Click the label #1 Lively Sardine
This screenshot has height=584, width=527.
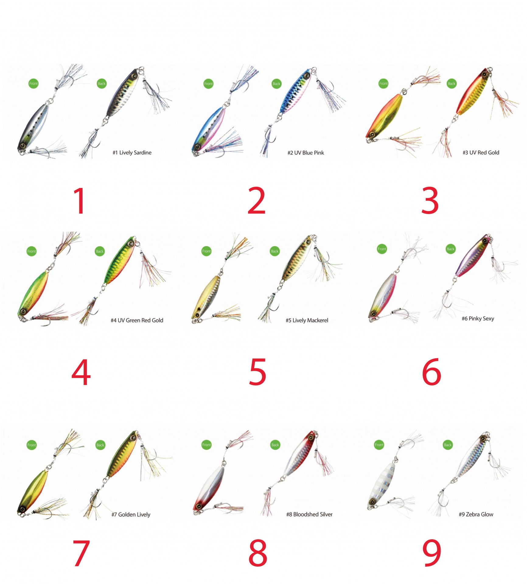pyautogui.click(x=132, y=153)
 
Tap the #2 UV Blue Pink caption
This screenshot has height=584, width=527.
pyautogui.click(x=306, y=153)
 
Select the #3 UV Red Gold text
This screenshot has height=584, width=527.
pyautogui.click(x=481, y=153)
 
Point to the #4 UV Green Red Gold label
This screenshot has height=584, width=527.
pyautogui.click(x=137, y=320)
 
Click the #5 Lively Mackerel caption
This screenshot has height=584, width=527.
pyautogui.click(x=307, y=320)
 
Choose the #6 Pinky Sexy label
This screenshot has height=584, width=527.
pyautogui.click(x=478, y=318)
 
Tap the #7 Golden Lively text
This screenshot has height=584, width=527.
pyautogui.click(x=131, y=514)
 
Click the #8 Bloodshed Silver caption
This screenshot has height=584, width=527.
pyautogui.click(x=309, y=514)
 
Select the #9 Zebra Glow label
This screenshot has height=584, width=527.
pyautogui.click(x=476, y=514)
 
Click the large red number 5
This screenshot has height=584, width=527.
pyautogui.click(x=257, y=372)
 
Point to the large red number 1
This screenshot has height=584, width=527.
pyautogui.click(x=80, y=201)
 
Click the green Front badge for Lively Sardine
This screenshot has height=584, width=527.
pyautogui.click(x=33, y=83)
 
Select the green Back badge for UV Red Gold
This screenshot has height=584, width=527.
pyautogui.click(x=452, y=83)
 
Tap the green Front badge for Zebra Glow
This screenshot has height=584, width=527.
pyautogui.click(x=379, y=445)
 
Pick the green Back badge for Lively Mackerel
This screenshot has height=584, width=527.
pyautogui.click(x=275, y=251)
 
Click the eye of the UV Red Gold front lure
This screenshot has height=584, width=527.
pyautogui.click(x=372, y=134)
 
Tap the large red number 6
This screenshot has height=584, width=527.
pyautogui.click(x=432, y=372)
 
